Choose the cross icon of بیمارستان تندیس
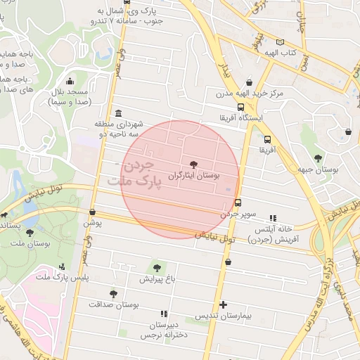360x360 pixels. [x=224, y=304]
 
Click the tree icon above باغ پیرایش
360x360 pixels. [x=157, y=267]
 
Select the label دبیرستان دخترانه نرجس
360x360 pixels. [x=164, y=330]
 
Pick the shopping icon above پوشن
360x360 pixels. [x=92, y=211]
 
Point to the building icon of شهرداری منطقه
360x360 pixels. [x=117, y=114]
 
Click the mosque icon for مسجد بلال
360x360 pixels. [x=69, y=81]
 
